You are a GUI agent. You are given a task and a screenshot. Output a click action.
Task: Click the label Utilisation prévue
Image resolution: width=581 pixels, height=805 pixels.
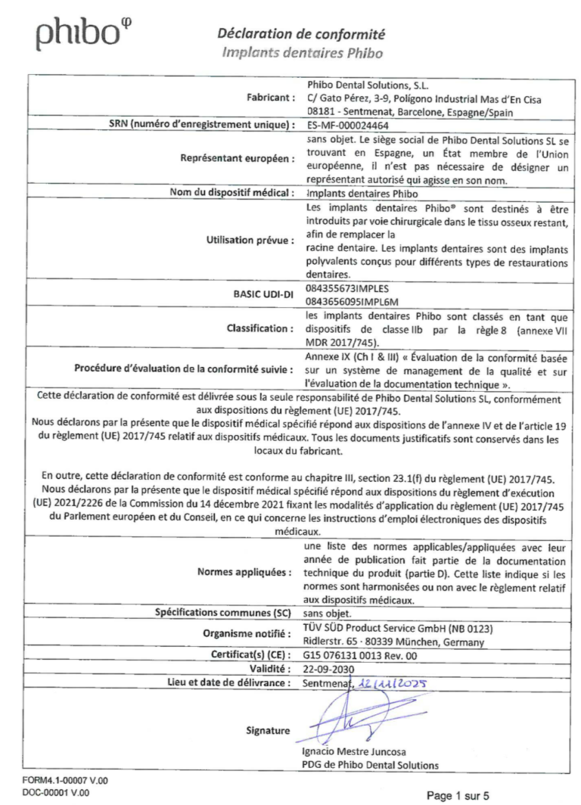[250, 241]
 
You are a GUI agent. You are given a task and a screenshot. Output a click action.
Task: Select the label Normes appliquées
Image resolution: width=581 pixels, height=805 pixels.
[245, 572]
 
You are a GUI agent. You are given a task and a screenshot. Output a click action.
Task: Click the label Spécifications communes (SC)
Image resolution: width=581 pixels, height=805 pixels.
[224, 614]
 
